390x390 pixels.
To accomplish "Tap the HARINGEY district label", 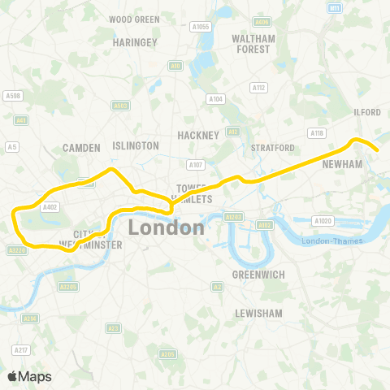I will [134, 41].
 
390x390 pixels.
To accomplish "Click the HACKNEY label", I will [198, 135].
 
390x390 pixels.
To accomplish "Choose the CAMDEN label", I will [81, 148].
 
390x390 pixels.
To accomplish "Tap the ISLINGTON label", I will [136, 145].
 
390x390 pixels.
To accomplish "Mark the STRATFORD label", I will [272, 148].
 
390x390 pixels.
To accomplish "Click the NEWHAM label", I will [342, 163].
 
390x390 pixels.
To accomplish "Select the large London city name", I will [166, 227].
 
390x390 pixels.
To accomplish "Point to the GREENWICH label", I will [258, 275].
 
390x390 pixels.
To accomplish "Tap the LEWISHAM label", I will [257, 313].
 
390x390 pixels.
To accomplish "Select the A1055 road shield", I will [201, 26].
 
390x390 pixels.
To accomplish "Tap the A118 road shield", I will [317, 132].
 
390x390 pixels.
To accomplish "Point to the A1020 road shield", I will [324, 221].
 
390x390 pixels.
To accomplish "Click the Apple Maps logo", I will [29, 376].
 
